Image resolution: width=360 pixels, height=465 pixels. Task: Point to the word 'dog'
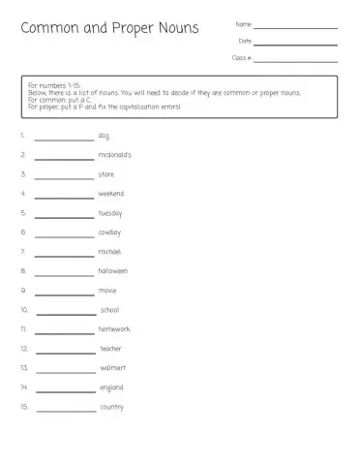point(104,136)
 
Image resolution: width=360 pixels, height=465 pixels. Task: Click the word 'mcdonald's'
point(114,155)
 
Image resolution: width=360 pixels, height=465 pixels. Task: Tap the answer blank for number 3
point(64,177)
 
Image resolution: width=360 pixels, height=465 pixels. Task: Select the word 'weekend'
point(110,194)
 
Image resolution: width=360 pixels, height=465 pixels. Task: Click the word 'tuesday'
point(110,213)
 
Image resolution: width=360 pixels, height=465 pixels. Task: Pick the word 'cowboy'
point(109,232)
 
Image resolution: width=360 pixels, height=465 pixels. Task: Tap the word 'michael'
point(109,252)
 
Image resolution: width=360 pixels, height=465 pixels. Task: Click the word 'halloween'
point(112,271)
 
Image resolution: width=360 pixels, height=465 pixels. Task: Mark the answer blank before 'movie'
point(64,294)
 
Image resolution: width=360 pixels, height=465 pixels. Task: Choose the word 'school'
point(110,310)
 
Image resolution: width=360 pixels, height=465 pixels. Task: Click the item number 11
point(23,329)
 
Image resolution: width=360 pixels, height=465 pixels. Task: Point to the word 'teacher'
point(111,349)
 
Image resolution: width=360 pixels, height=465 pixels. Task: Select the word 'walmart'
point(113,368)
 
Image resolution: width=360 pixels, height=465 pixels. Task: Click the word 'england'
point(111,387)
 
